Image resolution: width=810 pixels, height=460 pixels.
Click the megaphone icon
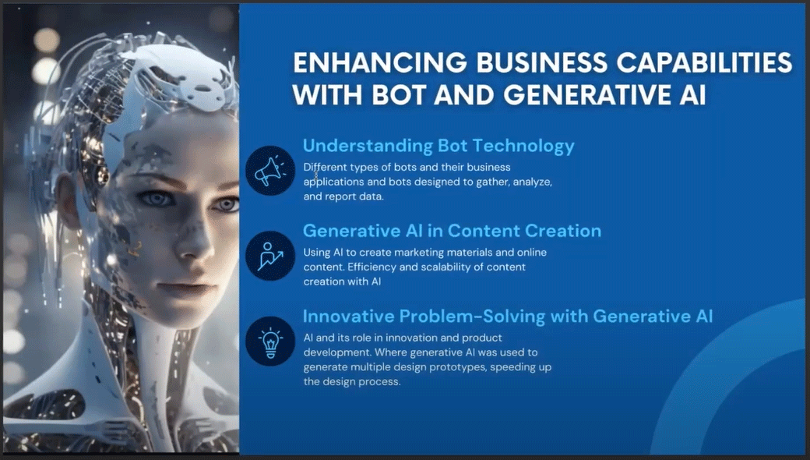pos(270,171)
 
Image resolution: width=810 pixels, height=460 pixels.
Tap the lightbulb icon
pos(270,341)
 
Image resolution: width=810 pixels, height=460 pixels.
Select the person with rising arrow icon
pos(270,256)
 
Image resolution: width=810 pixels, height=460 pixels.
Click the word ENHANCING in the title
pos(380,62)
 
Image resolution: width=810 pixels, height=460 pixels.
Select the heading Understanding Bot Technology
pos(438,147)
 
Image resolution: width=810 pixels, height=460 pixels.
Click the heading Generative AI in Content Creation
pos(452,231)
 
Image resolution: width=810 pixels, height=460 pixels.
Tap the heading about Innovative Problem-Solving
pos(508,316)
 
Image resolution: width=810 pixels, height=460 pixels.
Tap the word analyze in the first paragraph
pos(532,182)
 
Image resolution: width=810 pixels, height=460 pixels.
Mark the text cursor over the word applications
pos(316,175)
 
